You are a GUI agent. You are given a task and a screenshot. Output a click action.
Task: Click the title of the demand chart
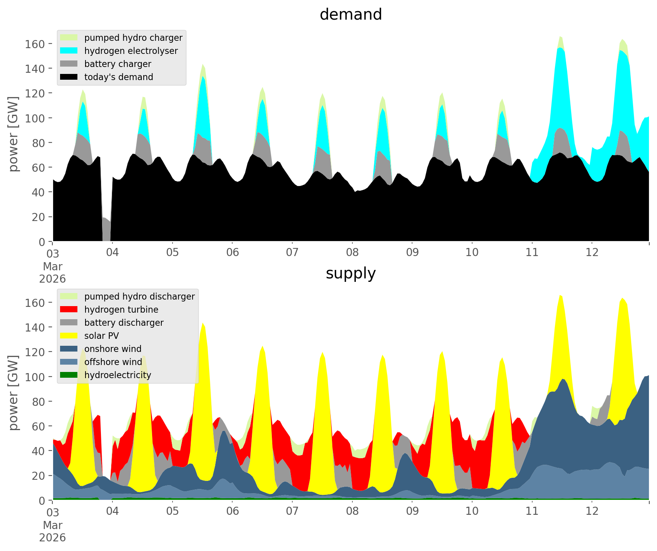click(350, 15)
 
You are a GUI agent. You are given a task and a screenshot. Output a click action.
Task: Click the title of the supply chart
click(350, 273)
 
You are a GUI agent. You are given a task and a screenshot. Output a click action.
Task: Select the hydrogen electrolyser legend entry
click(131, 51)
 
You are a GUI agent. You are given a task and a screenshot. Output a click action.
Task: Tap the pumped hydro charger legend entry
click(133, 38)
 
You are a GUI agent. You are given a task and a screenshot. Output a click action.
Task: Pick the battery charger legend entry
click(117, 64)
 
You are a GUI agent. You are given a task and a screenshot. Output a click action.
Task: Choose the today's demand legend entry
click(119, 77)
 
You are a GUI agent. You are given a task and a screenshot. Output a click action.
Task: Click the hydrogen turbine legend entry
click(121, 310)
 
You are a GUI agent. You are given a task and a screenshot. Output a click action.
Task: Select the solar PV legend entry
click(102, 336)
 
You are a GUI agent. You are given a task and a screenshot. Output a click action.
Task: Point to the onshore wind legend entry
click(113, 349)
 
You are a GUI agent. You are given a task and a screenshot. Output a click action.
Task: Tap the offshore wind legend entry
click(113, 362)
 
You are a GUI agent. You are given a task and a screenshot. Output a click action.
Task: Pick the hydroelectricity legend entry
click(117, 375)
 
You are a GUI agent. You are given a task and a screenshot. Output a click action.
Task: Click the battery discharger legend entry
click(124, 323)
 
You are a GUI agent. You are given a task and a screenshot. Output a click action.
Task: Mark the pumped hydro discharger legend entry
click(139, 296)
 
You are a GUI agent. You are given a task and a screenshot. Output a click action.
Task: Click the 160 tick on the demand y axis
click(35, 44)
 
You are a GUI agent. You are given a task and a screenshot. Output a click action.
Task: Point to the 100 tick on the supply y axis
click(35, 377)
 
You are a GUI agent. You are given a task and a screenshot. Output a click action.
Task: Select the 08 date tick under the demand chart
click(352, 253)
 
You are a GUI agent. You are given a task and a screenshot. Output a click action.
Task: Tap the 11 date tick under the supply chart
click(532, 511)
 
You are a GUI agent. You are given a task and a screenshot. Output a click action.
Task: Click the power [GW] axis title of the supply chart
click(14, 393)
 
